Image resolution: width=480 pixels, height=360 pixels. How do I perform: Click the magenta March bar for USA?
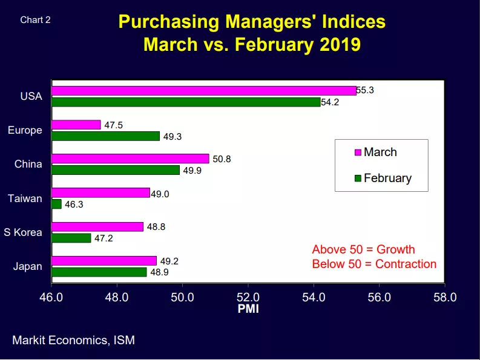[x=204, y=91]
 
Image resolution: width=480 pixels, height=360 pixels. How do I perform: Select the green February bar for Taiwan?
[x=57, y=204]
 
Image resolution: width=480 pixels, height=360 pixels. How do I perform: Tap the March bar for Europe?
[x=76, y=125]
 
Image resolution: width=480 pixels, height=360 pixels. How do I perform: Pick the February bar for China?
[x=116, y=170]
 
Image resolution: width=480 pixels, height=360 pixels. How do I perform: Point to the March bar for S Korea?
[x=97, y=227]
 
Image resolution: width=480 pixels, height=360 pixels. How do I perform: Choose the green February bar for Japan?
[x=99, y=272]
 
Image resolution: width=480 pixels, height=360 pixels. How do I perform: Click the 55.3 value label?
[x=365, y=90]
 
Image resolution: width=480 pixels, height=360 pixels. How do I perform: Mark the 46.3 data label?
[x=74, y=205]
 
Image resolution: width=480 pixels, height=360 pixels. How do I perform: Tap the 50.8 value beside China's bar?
[x=222, y=159]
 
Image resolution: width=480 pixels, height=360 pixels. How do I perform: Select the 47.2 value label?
[x=104, y=238]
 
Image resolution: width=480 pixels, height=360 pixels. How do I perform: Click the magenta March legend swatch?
[x=358, y=152]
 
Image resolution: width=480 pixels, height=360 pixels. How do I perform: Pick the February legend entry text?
[x=388, y=178]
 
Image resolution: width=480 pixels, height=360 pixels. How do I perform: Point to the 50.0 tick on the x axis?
[x=182, y=297]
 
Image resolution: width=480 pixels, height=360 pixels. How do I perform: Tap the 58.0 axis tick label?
[x=445, y=297]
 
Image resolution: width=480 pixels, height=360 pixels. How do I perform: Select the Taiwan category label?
[x=25, y=198]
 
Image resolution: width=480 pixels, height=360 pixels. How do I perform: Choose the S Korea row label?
[x=23, y=232]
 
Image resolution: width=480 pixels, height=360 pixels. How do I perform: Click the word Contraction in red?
[x=406, y=264]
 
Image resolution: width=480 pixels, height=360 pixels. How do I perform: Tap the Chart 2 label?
[x=35, y=20]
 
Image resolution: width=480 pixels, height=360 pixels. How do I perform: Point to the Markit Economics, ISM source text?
[x=73, y=341]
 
